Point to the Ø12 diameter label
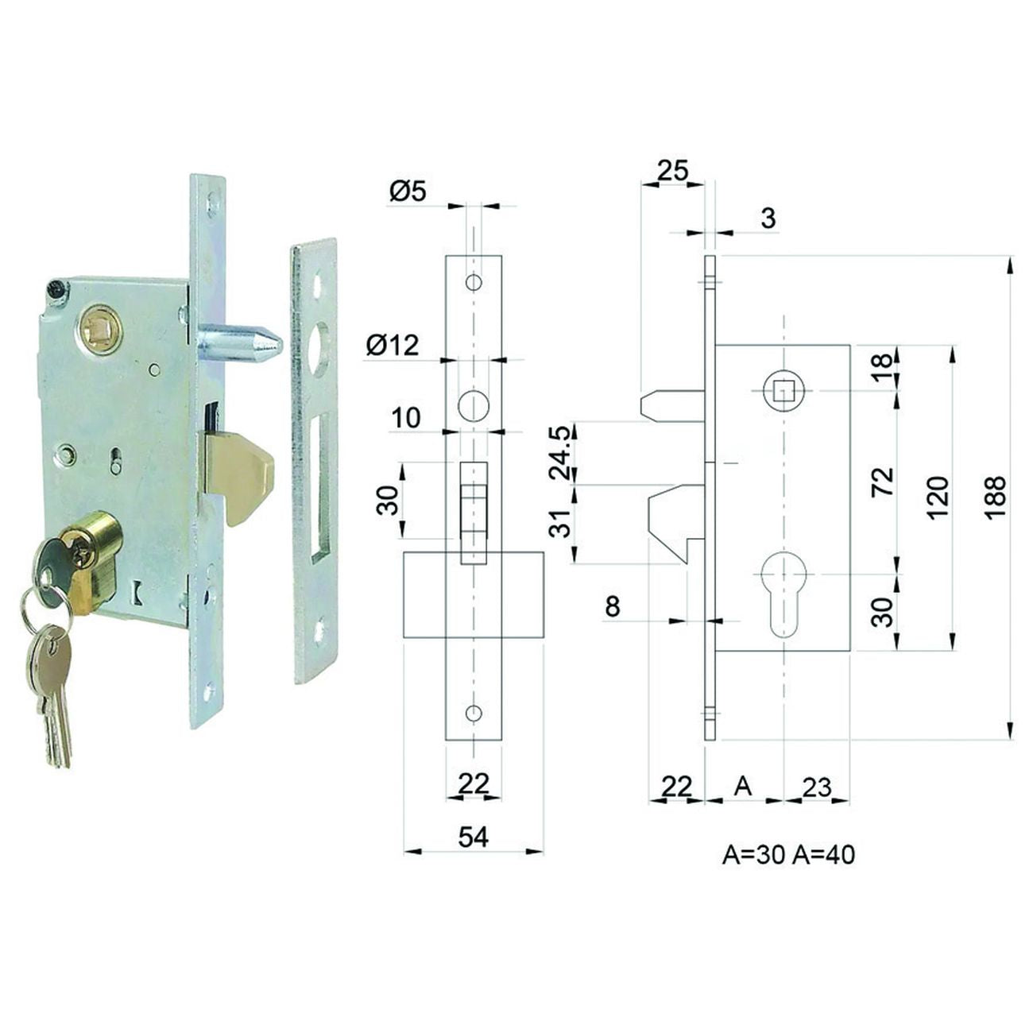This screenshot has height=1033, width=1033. pyautogui.click(x=393, y=345)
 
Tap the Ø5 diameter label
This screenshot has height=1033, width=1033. pyautogui.click(x=408, y=190)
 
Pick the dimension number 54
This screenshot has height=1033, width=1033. pyautogui.click(x=474, y=837)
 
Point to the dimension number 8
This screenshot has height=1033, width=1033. pyautogui.click(x=612, y=606)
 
